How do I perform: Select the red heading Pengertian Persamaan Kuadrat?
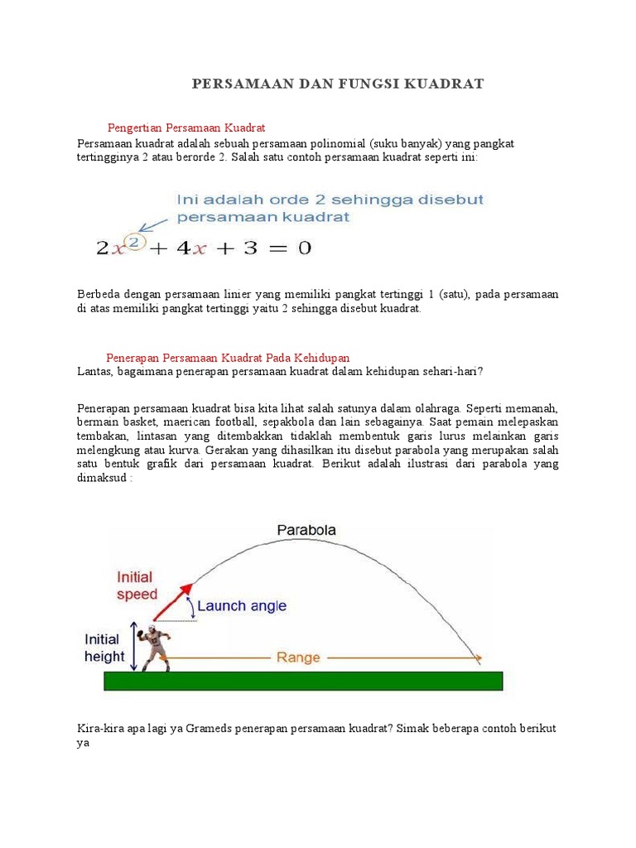pos(186,128)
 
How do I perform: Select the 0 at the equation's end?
pos(304,248)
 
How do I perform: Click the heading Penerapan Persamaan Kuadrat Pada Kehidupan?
pos(229,357)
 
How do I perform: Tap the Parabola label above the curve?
pos(306,529)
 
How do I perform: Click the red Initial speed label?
pos(137,585)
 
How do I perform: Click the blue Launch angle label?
pos(241,605)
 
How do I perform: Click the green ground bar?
pos(303,681)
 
